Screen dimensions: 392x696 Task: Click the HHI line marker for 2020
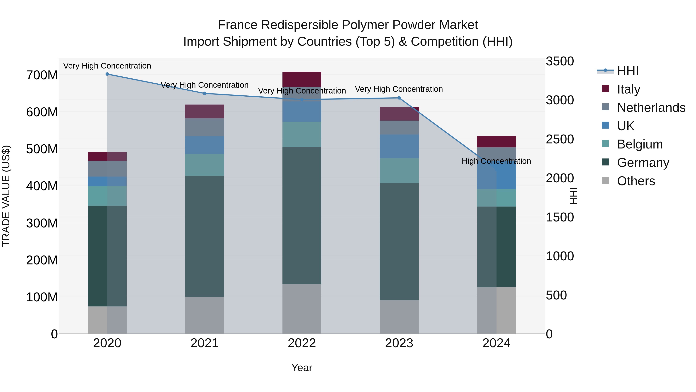coord(107,74)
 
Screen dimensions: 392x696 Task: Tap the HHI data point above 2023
coord(399,98)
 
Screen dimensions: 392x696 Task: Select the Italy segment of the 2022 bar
coord(302,79)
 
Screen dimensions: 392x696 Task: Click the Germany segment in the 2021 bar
coord(205,236)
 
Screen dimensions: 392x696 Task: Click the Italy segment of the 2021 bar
coord(205,111)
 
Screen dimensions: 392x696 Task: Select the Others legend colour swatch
coord(606,180)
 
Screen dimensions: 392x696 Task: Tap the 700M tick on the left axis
coord(42,75)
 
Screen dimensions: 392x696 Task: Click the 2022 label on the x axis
coord(302,343)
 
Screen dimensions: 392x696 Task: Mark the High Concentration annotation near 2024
coord(496,161)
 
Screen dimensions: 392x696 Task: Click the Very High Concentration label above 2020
coord(107,66)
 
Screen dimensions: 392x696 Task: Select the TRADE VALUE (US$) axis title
coord(6,196)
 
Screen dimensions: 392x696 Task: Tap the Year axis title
coord(302,368)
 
